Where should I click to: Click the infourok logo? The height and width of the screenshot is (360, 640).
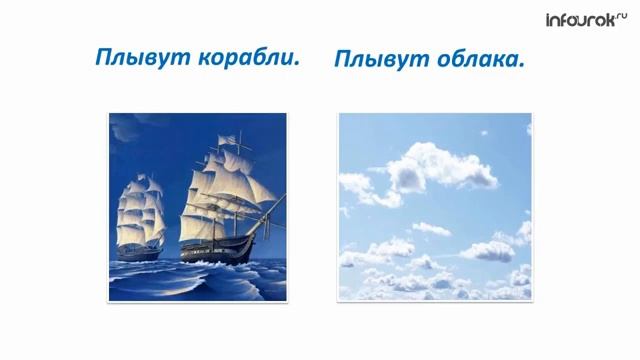pyautogui.click(x=584, y=19)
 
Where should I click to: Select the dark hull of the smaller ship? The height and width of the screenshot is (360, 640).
pyautogui.click(x=139, y=251)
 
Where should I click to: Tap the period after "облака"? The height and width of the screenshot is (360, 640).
pyautogui.click(x=523, y=66)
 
